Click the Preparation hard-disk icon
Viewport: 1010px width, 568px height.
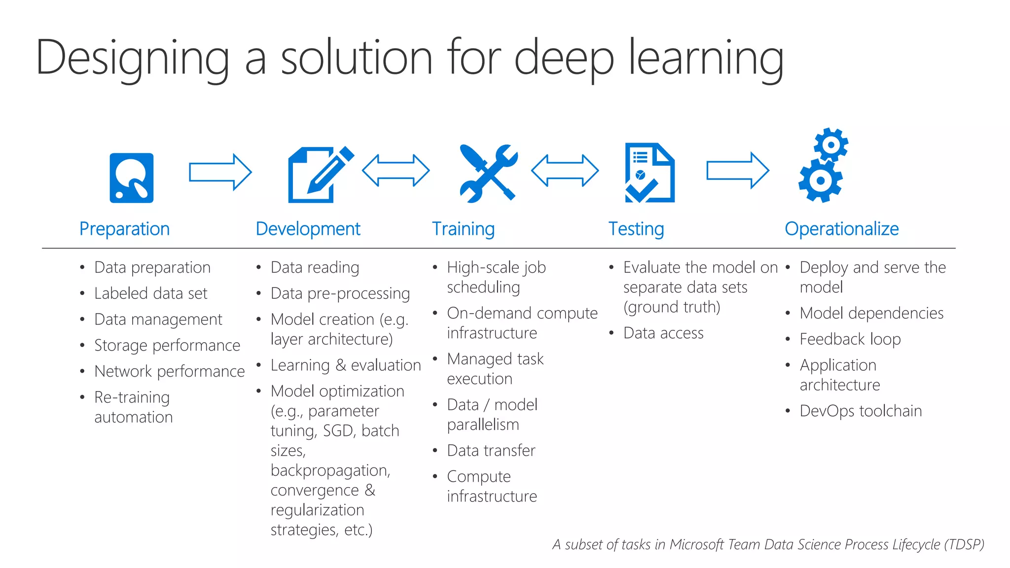coord(131,177)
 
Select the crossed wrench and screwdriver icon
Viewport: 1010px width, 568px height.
coord(488,173)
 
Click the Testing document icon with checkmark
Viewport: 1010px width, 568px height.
coord(649,173)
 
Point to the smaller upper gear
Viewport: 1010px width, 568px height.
coord(831,144)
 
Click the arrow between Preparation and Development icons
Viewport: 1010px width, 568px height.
coord(220,172)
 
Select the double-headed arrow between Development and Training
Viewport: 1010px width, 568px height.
coord(396,171)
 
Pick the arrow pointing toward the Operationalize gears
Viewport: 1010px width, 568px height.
coord(737,171)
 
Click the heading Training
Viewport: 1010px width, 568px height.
coord(463,229)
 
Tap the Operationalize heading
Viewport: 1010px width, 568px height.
coord(841,229)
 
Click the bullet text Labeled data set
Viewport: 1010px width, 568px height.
coord(150,293)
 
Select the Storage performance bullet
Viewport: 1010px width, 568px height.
coord(167,345)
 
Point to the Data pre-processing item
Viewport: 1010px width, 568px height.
coord(340,293)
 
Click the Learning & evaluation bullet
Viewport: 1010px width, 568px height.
coord(345,365)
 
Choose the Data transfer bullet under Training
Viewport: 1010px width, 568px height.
coord(491,450)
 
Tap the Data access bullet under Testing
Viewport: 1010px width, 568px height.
coord(663,333)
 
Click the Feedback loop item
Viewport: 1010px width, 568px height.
coord(850,339)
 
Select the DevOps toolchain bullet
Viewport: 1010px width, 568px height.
coord(860,411)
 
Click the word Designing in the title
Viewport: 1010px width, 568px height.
coord(132,59)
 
